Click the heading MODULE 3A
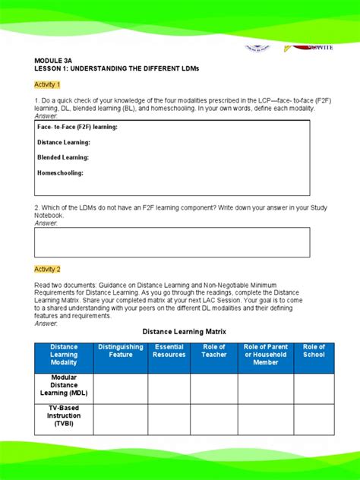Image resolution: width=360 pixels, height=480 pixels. click(52, 59)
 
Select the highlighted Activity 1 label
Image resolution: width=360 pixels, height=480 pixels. click(47, 84)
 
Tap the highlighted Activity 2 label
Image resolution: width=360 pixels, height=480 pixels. click(47, 269)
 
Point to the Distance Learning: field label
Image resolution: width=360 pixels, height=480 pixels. click(64, 142)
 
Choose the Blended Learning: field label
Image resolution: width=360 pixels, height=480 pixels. click(63, 157)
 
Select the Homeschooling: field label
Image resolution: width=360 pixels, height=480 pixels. click(60, 172)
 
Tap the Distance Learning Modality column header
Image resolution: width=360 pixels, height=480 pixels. click(64, 355)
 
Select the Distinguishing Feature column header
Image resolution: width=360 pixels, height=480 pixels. click(120, 351)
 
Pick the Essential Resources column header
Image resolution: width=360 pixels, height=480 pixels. click(169, 351)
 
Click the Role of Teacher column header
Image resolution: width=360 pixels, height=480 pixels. click(213, 351)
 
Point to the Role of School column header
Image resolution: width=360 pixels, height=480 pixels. click(314, 351)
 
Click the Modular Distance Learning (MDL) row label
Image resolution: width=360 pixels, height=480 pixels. click(64, 385)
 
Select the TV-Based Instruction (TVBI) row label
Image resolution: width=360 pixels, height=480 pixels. click(64, 416)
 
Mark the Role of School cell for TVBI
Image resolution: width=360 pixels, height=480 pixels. click(314, 417)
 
